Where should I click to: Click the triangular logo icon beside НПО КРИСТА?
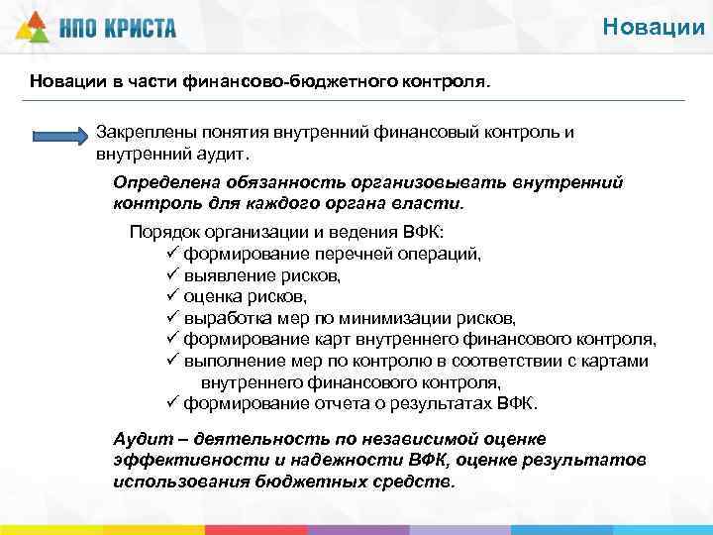[x=32, y=28]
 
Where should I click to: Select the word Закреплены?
[x=145, y=132]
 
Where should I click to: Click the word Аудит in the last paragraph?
[x=138, y=439]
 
